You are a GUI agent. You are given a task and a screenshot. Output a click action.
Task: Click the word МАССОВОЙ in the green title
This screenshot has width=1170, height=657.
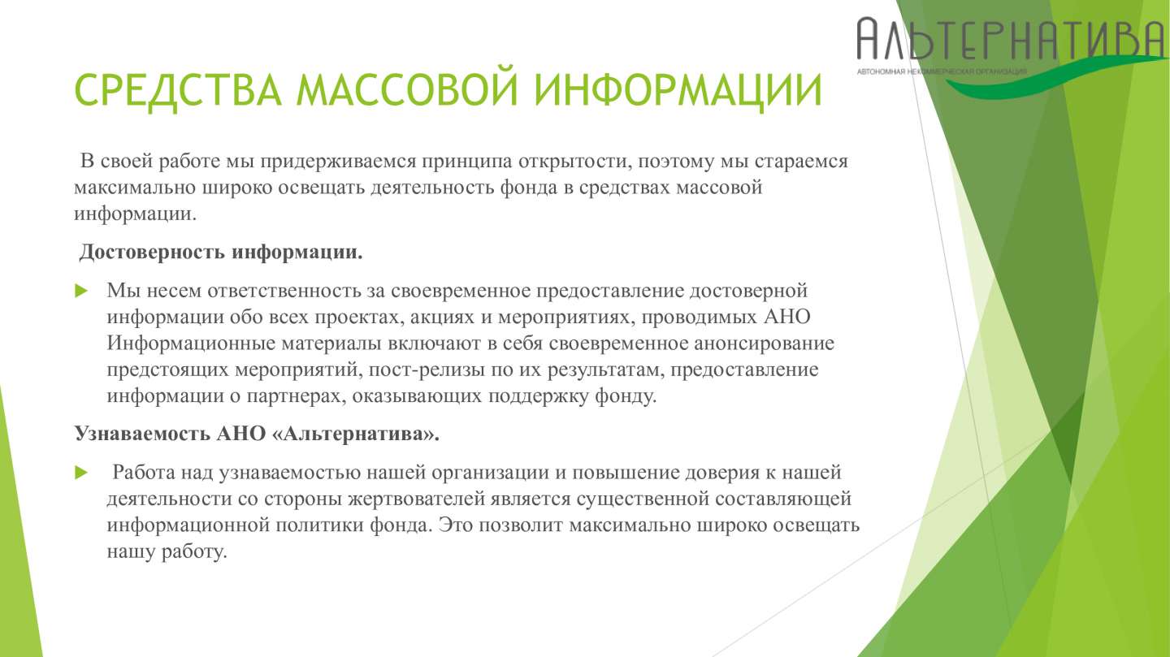tap(406, 90)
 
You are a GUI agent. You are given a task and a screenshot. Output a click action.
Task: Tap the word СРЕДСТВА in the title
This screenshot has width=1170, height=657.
tap(178, 90)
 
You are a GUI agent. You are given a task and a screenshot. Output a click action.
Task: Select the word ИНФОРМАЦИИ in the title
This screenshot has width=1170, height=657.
tap(678, 90)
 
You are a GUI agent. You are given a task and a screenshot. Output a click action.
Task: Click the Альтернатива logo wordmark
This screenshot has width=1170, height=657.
tap(1012, 39)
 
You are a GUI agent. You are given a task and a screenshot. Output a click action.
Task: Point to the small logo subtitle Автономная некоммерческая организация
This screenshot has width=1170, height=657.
tap(942, 71)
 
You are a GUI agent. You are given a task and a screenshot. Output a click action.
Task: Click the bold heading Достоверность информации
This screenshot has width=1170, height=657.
tap(221, 253)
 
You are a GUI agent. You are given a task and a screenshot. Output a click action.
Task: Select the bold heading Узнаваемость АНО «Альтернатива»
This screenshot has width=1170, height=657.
tap(257, 434)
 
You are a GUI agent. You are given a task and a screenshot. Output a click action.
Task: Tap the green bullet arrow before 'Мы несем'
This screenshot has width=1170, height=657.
tap(81, 291)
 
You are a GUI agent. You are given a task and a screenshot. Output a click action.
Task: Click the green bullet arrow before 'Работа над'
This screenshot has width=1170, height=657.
tap(81, 473)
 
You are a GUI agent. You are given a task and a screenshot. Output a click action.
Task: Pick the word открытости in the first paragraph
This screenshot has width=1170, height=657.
tap(572, 162)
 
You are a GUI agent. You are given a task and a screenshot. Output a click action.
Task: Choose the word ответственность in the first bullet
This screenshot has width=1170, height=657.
tap(284, 291)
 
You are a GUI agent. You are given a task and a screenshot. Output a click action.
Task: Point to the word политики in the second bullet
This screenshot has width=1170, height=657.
tap(319, 525)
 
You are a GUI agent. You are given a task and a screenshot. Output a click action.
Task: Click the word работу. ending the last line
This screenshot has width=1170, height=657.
tap(194, 552)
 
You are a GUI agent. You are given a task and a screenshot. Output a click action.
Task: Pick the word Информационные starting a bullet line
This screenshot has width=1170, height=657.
tap(191, 344)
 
